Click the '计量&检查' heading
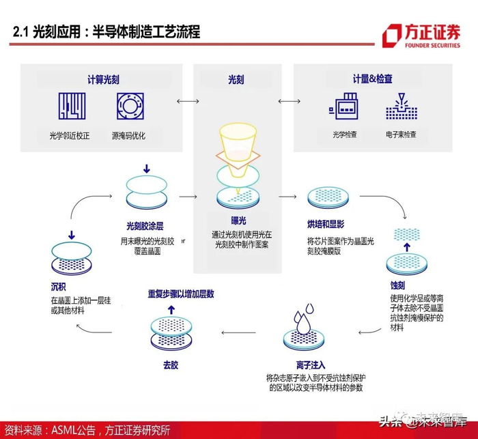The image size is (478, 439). (x=372, y=79)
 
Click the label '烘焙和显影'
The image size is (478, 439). (x=326, y=224)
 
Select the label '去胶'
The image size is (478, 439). (x=169, y=365)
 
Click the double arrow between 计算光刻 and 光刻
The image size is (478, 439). (x=186, y=101)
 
